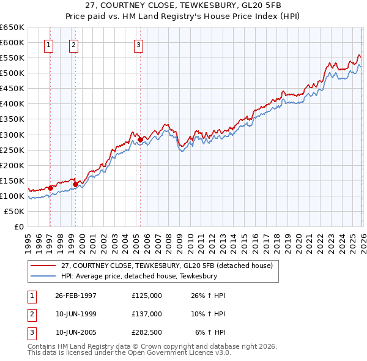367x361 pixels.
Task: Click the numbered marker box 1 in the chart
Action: [48, 44]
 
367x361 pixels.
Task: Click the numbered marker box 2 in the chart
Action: [73, 44]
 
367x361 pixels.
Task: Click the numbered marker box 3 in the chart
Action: [139, 44]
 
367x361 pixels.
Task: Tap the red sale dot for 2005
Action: [140, 140]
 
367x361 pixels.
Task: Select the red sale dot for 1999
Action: [75, 184]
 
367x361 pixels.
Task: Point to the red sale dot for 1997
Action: [50, 188]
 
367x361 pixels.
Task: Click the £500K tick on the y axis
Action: [12, 73]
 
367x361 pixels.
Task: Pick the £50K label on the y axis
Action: [14, 211]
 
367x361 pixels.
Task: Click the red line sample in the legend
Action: [43, 266]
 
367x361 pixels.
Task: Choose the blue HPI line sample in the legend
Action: [43, 276]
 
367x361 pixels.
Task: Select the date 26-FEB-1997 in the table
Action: [76, 295]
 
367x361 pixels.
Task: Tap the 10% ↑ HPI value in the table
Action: [209, 313]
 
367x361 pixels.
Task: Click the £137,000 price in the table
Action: [147, 313]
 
